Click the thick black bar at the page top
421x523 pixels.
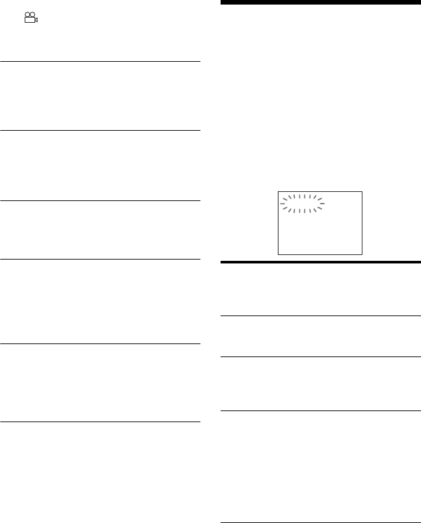tap(320, 3)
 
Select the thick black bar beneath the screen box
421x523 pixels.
tap(320, 262)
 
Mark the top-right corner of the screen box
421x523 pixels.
tap(361, 191)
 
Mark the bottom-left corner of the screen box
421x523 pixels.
tap(278, 253)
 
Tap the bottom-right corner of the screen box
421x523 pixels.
tap(361, 253)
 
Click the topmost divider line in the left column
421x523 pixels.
tap(100, 62)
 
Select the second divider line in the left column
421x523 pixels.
tap(100, 130)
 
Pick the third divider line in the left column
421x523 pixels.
tap(100, 200)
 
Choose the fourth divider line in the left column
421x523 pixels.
tap(100, 260)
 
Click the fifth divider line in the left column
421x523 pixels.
tap(100, 344)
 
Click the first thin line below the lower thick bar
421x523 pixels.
tap(320, 316)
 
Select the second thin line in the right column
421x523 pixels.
tap(320, 356)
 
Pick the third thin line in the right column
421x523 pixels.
tap(320, 410)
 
